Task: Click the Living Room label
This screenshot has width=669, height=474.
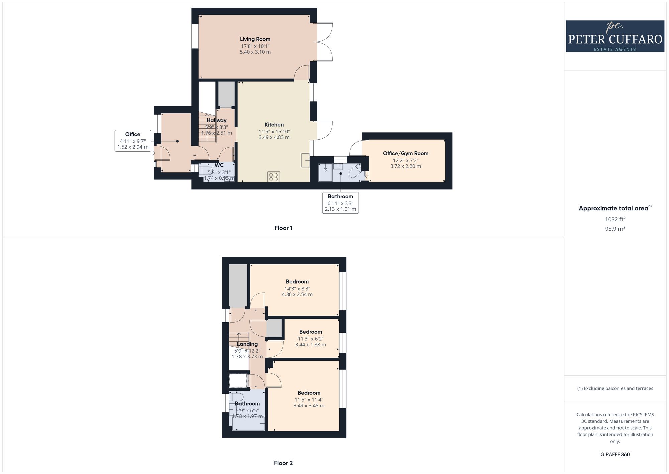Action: pos(255,39)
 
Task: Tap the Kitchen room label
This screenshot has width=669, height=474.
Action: pos(274,125)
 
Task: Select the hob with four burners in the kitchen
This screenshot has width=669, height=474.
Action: pos(274,177)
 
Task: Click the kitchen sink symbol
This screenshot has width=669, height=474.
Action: pos(305,160)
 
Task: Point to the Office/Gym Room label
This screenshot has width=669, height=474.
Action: pos(406,153)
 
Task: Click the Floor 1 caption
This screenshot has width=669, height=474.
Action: pos(283,228)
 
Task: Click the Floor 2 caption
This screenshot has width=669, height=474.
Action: pos(283,463)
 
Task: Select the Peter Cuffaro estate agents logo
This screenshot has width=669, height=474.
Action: pos(615,36)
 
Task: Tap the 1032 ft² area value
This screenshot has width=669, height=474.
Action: pos(615,219)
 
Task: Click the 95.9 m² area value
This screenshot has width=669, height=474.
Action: pos(615,229)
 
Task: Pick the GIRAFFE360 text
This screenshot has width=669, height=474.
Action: pos(615,455)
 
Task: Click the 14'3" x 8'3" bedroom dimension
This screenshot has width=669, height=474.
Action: pos(297,289)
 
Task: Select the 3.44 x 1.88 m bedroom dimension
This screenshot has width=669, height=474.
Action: pos(311,344)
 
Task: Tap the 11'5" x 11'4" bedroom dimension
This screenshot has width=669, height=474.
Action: pos(309,400)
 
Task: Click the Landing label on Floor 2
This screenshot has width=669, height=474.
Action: pos(247,344)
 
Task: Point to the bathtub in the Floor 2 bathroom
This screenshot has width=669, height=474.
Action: pos(248,423)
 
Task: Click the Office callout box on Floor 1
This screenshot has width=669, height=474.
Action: pos(133,141)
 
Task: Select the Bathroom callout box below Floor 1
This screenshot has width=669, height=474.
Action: pos(341,203)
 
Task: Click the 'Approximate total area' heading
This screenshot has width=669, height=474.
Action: pos(615,208)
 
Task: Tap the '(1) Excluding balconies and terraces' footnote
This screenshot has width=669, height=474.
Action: pos(615,388)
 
